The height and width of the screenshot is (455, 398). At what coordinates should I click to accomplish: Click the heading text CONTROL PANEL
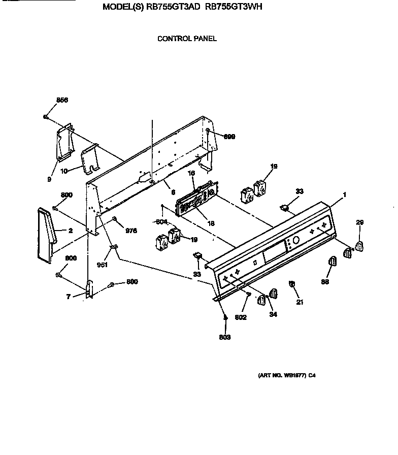coord(187,39)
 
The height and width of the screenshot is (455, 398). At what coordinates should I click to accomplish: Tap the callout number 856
coord(62,100)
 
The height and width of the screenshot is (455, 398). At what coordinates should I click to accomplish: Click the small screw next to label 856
coord(46,117)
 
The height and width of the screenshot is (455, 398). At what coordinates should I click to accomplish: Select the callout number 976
coord(131,231)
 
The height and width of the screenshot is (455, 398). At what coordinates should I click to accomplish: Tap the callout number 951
coord(102,265)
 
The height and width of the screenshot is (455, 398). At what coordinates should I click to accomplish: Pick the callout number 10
coord(64,171)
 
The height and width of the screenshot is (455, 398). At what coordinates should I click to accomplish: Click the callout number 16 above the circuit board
coord(192,173)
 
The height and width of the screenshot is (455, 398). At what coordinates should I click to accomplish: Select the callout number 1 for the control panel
coord(344,194)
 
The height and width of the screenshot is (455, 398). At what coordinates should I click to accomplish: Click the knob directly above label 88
coord(333,262)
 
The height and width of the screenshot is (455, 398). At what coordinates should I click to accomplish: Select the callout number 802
coord(241,317)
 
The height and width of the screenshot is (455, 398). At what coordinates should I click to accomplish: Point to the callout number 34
coord(273,314)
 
